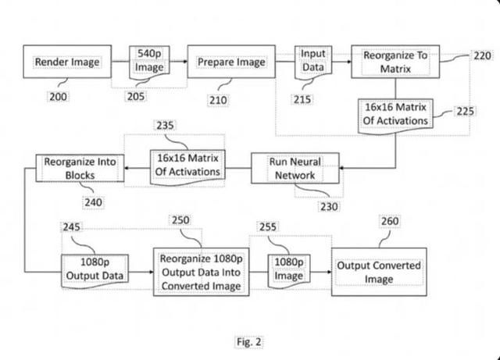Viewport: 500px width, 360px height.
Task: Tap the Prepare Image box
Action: pos(231,62)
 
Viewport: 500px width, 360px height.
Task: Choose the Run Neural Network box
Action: pos(295,169)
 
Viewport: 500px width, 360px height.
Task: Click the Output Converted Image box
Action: pos(379,271)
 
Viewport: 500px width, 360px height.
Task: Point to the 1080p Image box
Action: pos(289,269)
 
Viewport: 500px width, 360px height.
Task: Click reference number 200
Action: pos(58,97)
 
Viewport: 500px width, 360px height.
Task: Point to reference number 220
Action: pos(482,56)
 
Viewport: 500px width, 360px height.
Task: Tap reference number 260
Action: pos(389,221)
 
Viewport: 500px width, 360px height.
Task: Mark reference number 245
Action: pos(73,226)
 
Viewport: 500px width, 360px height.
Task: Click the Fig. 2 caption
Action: pos(248,341)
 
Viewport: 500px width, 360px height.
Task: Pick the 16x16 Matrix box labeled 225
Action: pos(396,113)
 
